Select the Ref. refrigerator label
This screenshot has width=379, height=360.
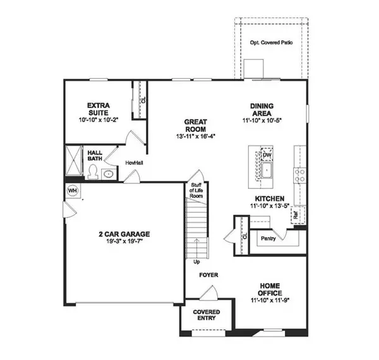click(x=294, y=215)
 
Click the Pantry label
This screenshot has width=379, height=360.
click(x=267, y=239)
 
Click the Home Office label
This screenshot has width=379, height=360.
click(x=269, y=290)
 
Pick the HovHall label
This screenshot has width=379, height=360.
click(x=133, y=162)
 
